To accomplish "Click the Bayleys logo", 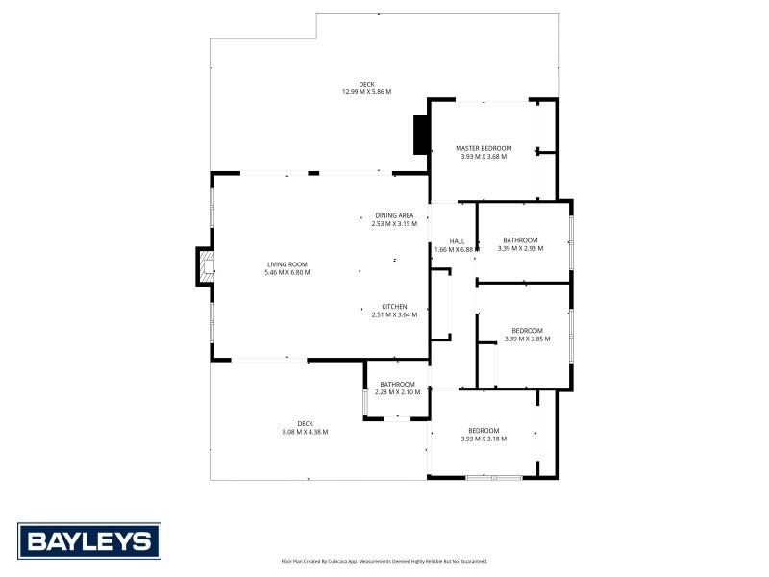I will [89, 540].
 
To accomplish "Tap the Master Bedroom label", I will [484, 148].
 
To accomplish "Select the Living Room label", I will [286, 263].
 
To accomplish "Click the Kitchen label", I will [394, 307].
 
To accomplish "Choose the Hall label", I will [457, 241].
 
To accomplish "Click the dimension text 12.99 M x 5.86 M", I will [366, 92].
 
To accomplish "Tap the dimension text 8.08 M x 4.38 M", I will [305, 432].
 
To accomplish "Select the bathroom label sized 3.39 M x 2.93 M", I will [520, 239].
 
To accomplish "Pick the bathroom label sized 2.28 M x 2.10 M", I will [397, 385].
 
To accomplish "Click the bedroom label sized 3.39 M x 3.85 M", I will [527, 330].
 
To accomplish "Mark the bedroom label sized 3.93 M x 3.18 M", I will [484, 430].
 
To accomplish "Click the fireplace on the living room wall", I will [204, 266].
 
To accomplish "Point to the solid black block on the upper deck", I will [421, 135].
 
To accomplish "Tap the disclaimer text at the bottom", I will [384, 561].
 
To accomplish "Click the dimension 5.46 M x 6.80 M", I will [286, 272].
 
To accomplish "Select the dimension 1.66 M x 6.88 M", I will [457, 250].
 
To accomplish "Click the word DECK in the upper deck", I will [366, 84].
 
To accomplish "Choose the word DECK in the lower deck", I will [305, 423].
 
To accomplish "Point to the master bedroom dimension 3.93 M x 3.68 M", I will [484, 157].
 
